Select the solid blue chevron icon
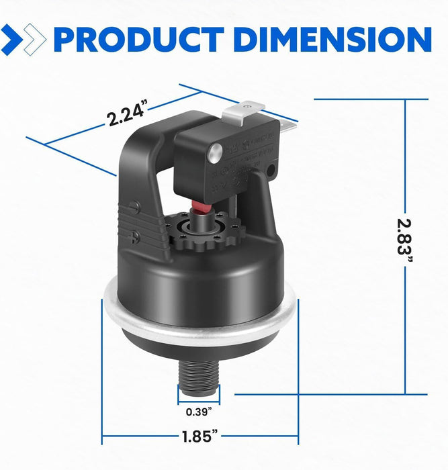pyautogui.click(x=12, y=39)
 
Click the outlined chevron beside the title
pyautogui.click(x=35, y=39)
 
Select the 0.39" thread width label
pyautogui.click(x=195, y=411)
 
